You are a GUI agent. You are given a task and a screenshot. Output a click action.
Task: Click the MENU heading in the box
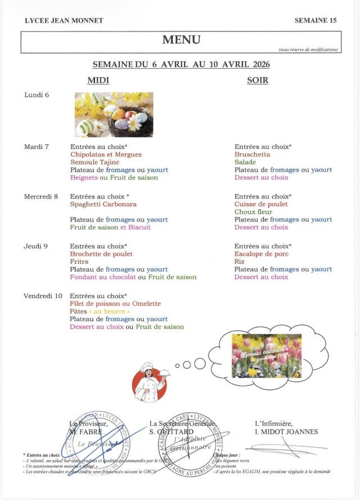(x=181, y=39)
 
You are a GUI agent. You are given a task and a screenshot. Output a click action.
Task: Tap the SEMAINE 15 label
(x=315, y=20)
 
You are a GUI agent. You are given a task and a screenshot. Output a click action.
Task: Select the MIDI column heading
(x=98, y=80)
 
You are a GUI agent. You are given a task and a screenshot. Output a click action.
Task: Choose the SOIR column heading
(x=258, y=80)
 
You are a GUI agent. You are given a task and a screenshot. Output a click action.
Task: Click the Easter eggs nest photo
(x=114, y=115)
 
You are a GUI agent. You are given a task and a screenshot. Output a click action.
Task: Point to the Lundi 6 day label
(x=37, y=95)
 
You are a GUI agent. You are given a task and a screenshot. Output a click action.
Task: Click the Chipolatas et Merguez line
(x=106, y=155)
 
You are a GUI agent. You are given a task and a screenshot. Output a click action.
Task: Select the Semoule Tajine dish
(x=94, y=163)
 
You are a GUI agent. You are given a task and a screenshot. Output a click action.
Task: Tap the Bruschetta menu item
(x=252, y=155)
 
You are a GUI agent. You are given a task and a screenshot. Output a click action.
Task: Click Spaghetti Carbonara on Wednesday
(x=103, y=204)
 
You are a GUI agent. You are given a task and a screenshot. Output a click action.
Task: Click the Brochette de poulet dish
(x=101, y=254)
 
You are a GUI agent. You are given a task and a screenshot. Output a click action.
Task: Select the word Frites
(x=79, y=262)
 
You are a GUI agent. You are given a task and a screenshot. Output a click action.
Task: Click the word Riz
(x=240, y=262)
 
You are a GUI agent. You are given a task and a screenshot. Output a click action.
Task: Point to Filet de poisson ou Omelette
(x=115, y=304)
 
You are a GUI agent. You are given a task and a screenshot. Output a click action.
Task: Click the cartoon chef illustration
(x=150, y=382)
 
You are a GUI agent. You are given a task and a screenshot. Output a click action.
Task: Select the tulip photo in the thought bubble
(x=267, y=355)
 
